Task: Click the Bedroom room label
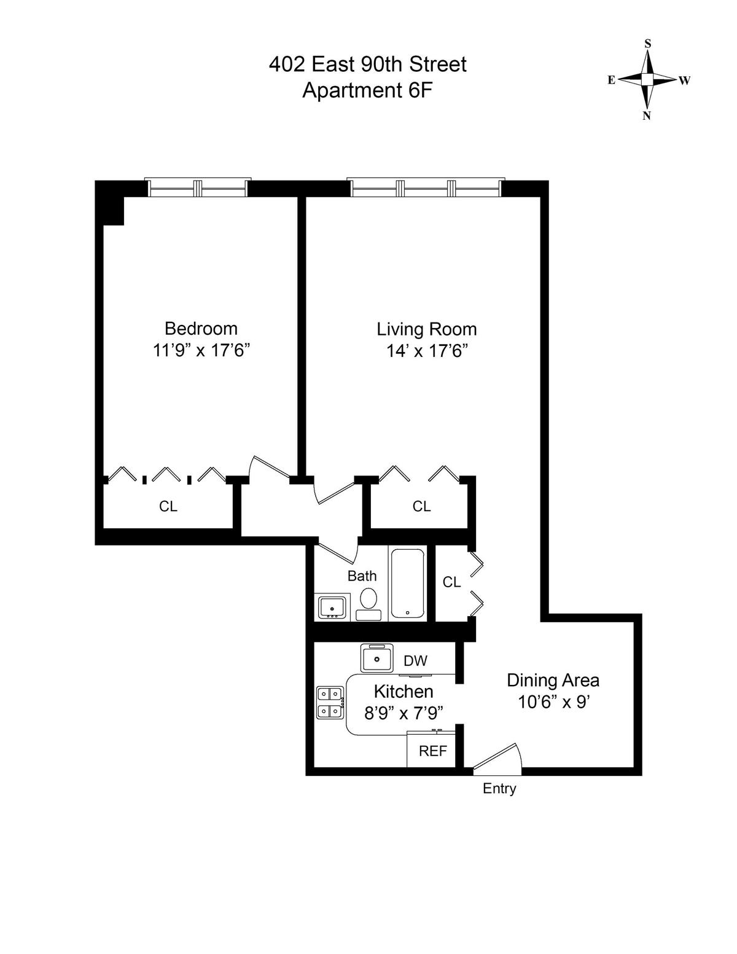coord(201,328)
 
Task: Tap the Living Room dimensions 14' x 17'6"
coord(427,351)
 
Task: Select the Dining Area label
coord(553,680)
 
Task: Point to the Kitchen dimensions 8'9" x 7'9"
coord(404,713)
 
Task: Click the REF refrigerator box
coord(432,751)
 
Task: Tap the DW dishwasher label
coord(416,661)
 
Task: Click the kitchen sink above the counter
coord(376,659)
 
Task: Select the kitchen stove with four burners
coord(330,702)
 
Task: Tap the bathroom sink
coord(332,607)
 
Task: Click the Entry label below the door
coord(499,789)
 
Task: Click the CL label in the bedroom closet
coord(168,506)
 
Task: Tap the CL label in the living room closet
coord(421,506)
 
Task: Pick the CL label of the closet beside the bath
coord(451,582)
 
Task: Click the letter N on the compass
coord(647,116)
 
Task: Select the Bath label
coord(362,576)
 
